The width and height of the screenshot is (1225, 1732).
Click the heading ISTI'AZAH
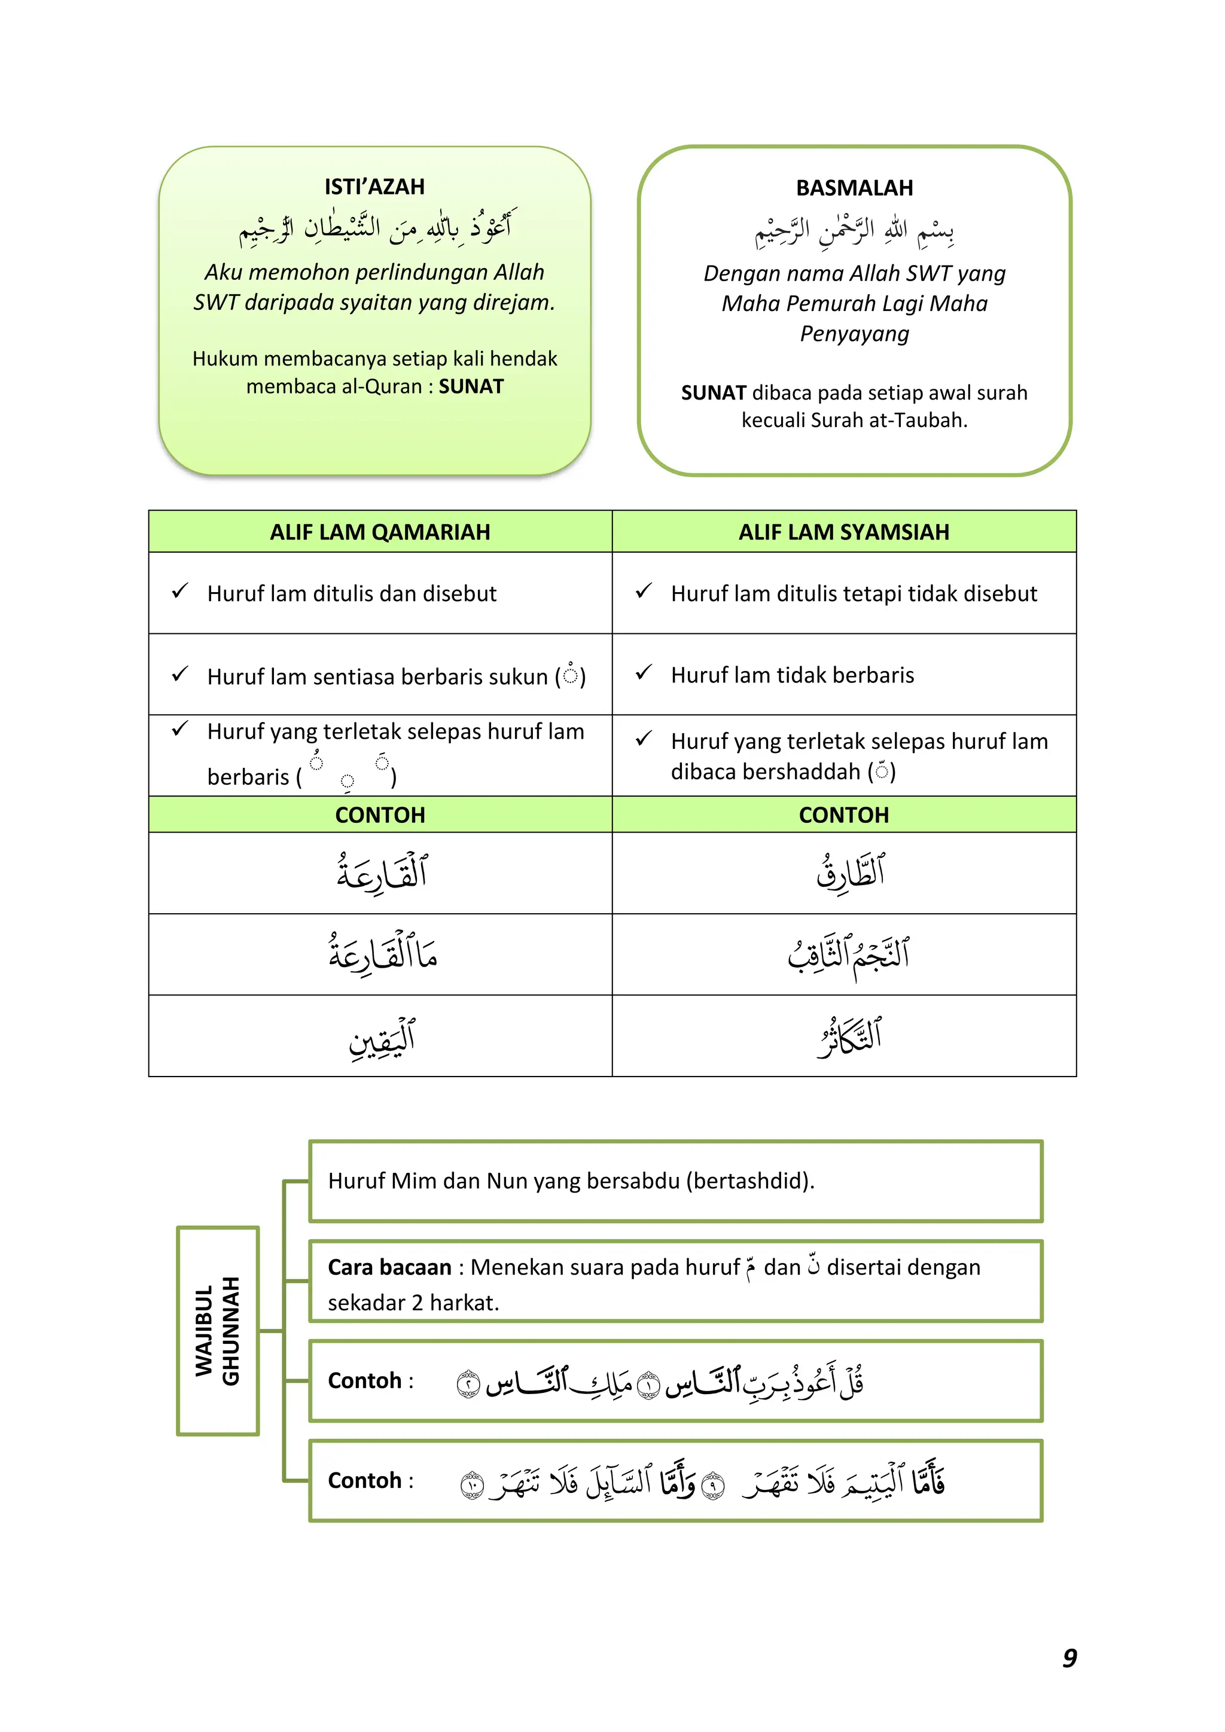tap(374, 187)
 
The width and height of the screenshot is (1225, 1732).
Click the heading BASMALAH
tap(854, 188)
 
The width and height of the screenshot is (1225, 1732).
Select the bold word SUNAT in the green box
tap(471, 386)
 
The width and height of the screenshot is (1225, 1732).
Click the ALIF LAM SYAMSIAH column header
tap(843, 532)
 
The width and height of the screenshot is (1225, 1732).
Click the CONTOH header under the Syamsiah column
tap(843, 815)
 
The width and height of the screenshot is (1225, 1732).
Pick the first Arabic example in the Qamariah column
tap(382, 873)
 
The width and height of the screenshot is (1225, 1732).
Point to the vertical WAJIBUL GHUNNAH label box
tap(218, 1331)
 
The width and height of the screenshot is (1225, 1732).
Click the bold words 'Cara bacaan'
tap(389, 1267)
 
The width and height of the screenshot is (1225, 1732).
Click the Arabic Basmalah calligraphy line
tap(854, 230)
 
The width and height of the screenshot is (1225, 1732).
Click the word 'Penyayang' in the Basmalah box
tap(854, 334)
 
